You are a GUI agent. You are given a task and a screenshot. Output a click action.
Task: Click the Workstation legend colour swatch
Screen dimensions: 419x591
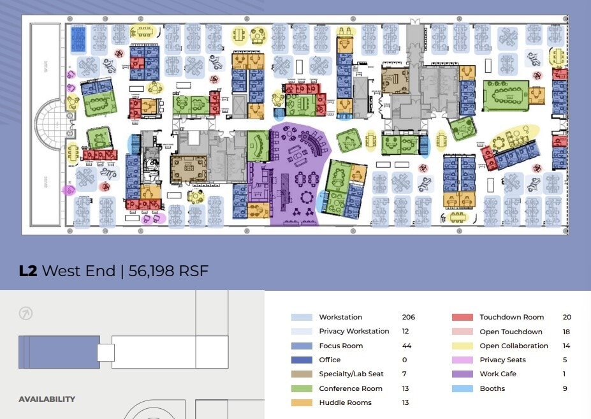[302, 318]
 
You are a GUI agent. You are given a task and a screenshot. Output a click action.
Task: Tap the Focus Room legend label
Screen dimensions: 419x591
[340, 346]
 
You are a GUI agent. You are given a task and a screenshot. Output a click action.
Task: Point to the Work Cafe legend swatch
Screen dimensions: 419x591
[462, 374]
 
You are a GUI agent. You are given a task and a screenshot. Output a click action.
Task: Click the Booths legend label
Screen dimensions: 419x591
[492, 388]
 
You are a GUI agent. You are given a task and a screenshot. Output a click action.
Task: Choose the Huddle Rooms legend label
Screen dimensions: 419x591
[345, 402]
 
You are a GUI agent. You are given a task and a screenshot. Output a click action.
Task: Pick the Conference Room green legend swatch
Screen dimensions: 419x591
[302, 388]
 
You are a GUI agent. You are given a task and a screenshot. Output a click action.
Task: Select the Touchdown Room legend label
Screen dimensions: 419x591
[511, 318]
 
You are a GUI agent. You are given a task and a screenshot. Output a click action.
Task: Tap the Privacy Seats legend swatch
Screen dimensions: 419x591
[462, 360]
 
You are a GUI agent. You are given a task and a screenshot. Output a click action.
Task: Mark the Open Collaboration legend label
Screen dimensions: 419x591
[514, 346]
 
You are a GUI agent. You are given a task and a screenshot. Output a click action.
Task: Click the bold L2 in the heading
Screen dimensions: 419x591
[28, 271]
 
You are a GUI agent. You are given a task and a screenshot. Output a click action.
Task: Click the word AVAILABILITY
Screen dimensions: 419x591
[47, 399]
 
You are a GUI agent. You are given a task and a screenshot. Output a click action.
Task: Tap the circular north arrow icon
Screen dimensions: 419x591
[26, 313]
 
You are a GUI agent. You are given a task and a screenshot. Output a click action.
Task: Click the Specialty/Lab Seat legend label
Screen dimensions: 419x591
[351, 374]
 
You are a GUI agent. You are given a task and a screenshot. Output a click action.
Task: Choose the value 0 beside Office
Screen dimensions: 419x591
[404, 360]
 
